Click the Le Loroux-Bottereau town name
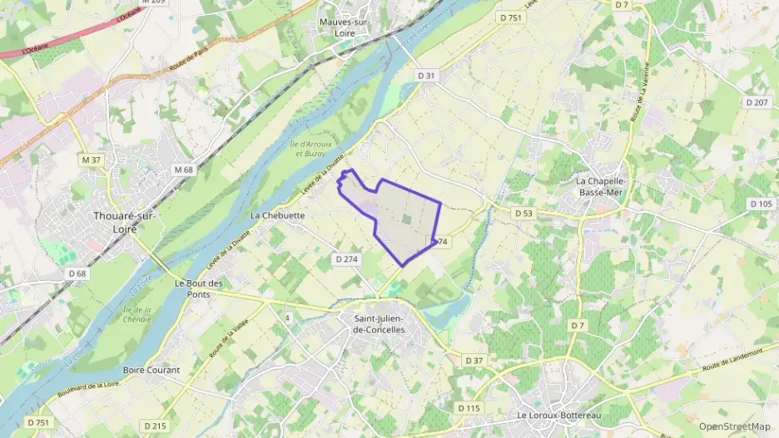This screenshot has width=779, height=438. (x=558, y=414)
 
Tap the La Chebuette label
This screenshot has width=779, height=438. (x=277, y=214)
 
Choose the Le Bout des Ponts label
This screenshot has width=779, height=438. (x=199, y=288)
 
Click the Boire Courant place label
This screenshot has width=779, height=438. (x=151, y=370)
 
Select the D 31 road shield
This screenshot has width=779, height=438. (x=426, y=76)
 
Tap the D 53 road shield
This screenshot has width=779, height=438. (x=523, y=213)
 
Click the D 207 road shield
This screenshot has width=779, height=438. (x=756, y=102)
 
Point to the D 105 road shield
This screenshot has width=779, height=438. (x=760, y=204)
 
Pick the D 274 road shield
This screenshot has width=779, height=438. (x=346, y=259)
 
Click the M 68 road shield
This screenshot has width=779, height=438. (x=183, y=170)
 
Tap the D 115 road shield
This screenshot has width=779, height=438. (x=469, y=407)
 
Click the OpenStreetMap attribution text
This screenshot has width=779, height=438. (x=735, y=426)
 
